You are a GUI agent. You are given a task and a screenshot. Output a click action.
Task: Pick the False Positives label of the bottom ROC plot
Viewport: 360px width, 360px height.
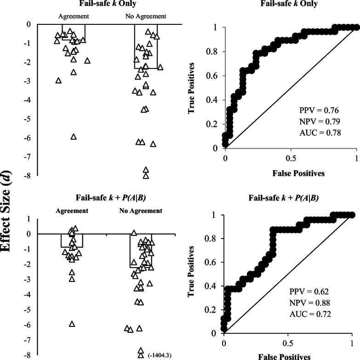tap(287, 356)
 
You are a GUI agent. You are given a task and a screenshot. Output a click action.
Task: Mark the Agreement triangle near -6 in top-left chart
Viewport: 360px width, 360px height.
tap(73, 137)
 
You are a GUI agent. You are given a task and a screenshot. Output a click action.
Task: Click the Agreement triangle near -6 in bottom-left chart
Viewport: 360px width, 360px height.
tap(72, 324)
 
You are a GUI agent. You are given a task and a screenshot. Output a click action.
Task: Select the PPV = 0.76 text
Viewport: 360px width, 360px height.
tap(313, 111)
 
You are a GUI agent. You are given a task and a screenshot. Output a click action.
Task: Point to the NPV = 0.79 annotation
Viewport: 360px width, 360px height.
tap(313, 122)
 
